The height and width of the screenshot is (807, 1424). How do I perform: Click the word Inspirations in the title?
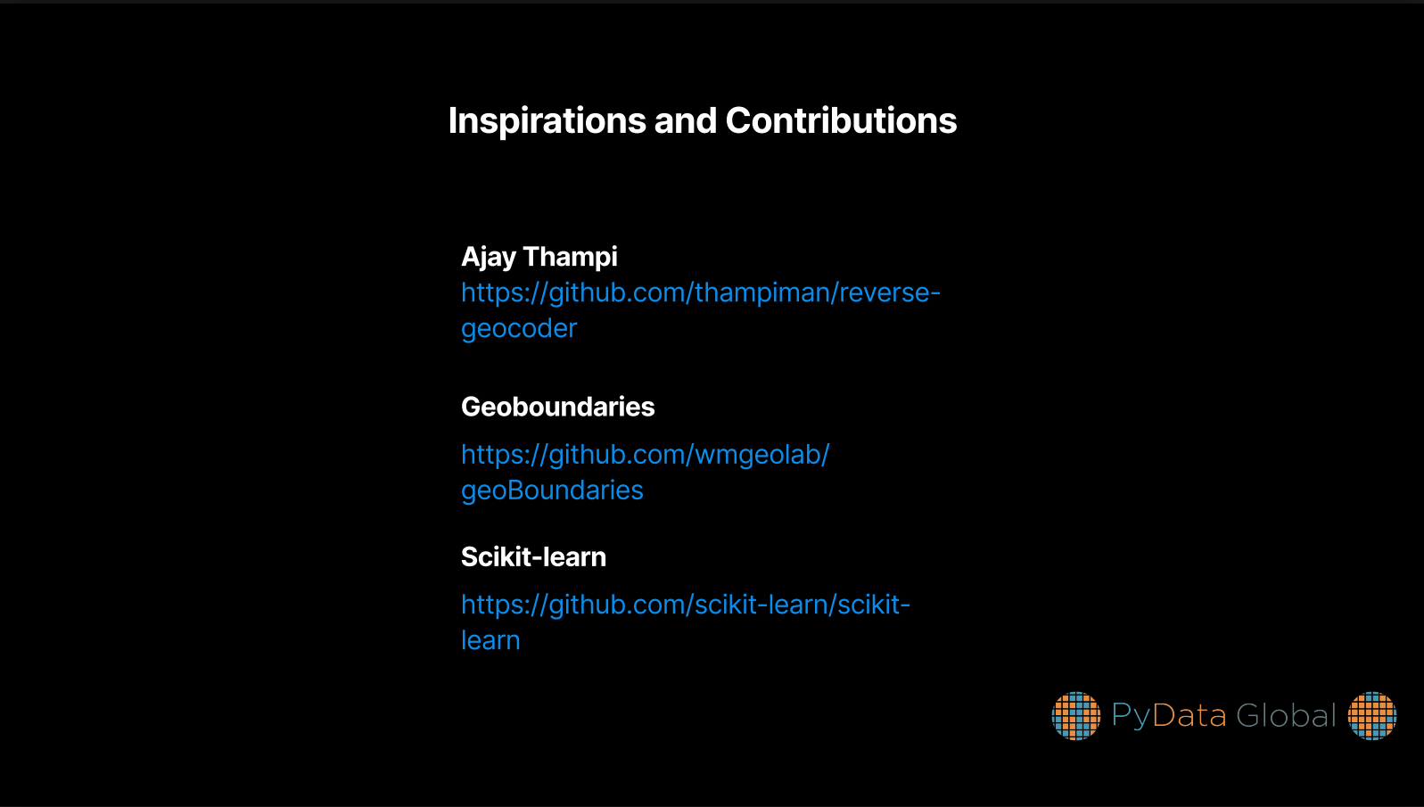pos(547,121)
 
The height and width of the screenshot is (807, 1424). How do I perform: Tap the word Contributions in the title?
pos(841,120)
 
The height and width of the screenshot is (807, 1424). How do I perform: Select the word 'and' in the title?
pos(686,120)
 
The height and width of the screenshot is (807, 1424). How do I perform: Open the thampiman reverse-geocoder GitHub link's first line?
pos(701,293)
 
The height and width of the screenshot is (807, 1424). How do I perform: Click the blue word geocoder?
pos(519,329)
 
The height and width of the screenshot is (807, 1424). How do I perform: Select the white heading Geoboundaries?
pos(557,407)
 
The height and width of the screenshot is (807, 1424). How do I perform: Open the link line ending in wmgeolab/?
pos(646,456)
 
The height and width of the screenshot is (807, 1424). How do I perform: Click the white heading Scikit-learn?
pos(533,557)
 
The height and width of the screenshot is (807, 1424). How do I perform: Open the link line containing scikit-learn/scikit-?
pos(686,605)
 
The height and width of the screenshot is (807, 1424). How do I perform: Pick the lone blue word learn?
pos(490,640)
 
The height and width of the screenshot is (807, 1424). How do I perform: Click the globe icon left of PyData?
pos(1075,716)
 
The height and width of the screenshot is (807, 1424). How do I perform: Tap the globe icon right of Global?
pos(1372,716)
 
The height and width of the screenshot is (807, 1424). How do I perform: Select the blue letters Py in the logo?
pos(1131,717)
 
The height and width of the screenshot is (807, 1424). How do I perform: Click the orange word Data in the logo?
pos(1189,716)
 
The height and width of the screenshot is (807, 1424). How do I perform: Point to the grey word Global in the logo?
pos(1286,716)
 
